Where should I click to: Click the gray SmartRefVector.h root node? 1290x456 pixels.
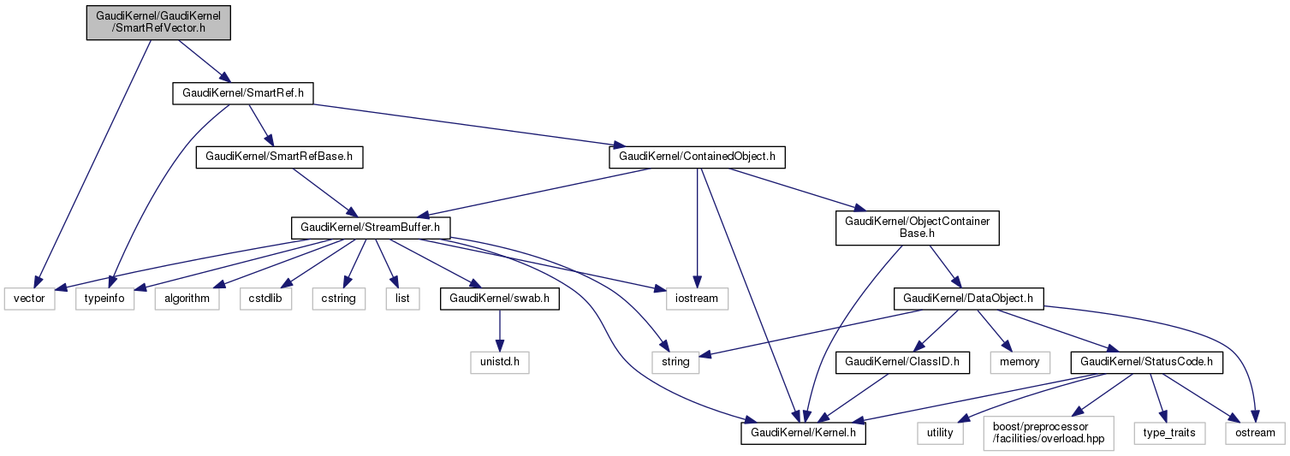click(x=158, y=21)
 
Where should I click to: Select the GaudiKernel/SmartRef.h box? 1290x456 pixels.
click(x=242, y=92)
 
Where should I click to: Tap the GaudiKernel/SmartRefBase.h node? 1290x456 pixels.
click(x=280, y=157)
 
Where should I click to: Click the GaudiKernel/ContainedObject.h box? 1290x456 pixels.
click(x=697, y=157)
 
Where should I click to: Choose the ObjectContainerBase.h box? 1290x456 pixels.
click(x=917, y=228)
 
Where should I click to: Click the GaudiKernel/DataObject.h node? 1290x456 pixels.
click(x=964, y=299)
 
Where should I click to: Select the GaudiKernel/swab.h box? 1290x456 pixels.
click(x=499, y=299)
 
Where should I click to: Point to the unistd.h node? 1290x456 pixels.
click(x=499, y=362)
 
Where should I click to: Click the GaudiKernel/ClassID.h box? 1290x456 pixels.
click(x=907, y=362)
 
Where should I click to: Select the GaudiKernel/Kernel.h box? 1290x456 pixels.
click(x=803, y=433)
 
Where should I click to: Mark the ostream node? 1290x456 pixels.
click(x=1255, y=433)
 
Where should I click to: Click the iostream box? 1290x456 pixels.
click(x=697, y=299)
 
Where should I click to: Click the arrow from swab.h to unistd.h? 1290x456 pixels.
click(x=499, y=330)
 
